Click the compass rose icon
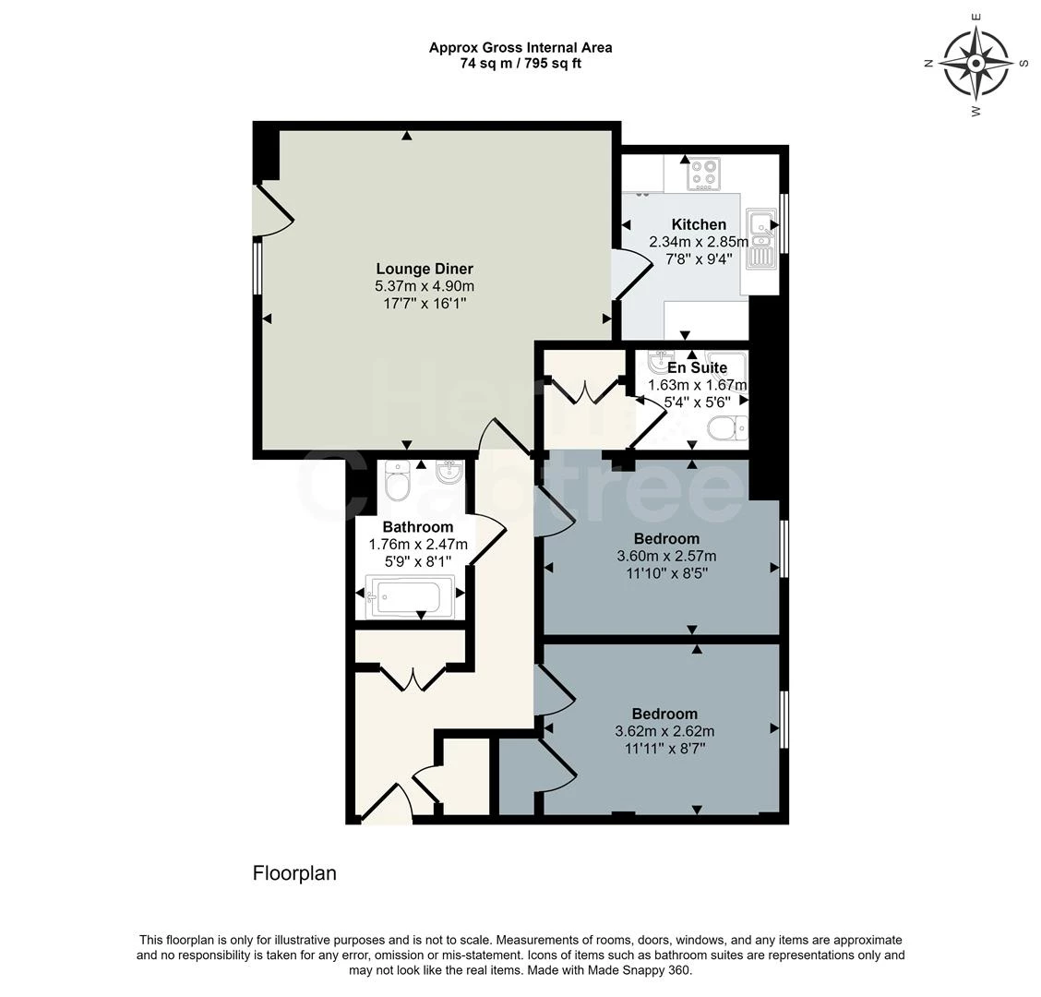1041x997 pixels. pos(975,63)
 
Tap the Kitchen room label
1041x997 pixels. pos(699,224)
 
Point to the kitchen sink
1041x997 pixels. pos(761,236)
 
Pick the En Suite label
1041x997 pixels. pos(697,367)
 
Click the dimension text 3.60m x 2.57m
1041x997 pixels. pos(666,556)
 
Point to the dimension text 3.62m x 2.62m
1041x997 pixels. pos(664,731)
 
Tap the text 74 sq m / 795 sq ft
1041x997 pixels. pos(520,64)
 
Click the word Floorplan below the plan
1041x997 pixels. pos(294,873)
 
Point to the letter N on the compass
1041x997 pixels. pos(929,63)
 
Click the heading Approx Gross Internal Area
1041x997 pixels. pos(520,47)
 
